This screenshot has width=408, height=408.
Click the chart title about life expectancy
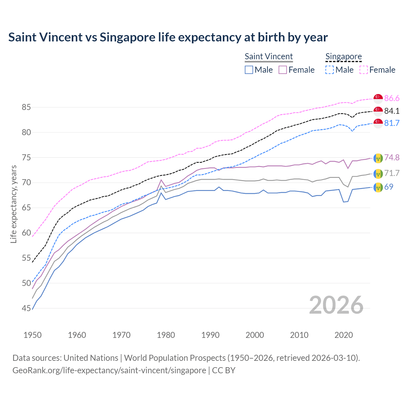click(168, 37)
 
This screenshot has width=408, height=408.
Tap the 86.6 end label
click(392, 98)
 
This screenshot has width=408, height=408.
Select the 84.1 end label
click(392, 111)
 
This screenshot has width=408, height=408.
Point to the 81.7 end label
click(392, 123)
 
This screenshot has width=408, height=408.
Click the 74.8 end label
click(392, 157)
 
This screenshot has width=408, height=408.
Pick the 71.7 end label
click(392, 173)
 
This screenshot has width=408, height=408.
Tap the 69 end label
click(389, 187)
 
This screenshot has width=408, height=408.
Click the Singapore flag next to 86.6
click(378, 98)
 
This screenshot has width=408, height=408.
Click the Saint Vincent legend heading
click(269, 56)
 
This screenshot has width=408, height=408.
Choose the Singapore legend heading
click(344, 56)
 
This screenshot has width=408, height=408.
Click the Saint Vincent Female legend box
click(283, 70)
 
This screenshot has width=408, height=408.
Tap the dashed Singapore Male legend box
click(330, 70)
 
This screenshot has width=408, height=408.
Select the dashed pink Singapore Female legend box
click(364, 70)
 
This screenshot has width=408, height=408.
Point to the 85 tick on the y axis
click(26, 107)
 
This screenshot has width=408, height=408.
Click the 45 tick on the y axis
click(26, 308)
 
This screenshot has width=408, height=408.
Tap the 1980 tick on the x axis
click(166, 335)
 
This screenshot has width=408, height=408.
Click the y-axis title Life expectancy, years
click(13, 204)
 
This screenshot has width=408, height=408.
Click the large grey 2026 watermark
click(336, 305)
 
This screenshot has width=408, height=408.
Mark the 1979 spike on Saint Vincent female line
click(161, 180)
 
